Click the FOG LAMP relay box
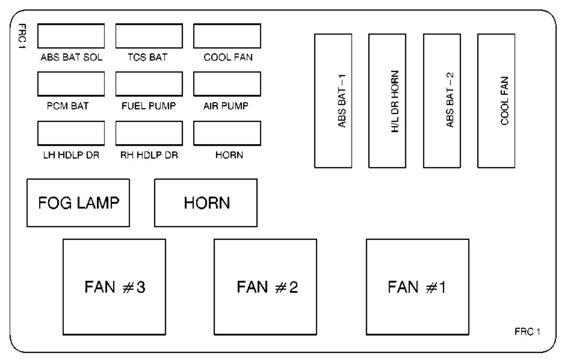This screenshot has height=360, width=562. pyautogui.click(x=78, y=203)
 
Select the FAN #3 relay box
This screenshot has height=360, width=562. pyautogui.click(x=114, y=287)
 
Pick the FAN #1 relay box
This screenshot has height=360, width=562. pyautogui.click(x=417, y=287)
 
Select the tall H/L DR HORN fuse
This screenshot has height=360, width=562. pyautogui.click(x=387, y=101)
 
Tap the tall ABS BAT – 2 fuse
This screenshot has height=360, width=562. pyautogui.click(x=442, y=101)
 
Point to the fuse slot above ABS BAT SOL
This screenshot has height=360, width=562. pyautogui.click(x=71, y=36)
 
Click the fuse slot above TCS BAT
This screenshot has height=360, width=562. pyautogui.click(x=149, y=36)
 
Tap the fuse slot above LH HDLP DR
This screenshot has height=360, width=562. pyautogui.click(x=71, y=133)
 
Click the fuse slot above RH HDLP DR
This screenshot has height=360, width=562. pyautogui.click(x=149, y=133)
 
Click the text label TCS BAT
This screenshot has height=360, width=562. pyautogui.click(x=148, y=58)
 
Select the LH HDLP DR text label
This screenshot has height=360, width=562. pyautogui.click(x=70, y=156)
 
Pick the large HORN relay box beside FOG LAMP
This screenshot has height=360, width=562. pyautogui.click(x=206, y=203)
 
